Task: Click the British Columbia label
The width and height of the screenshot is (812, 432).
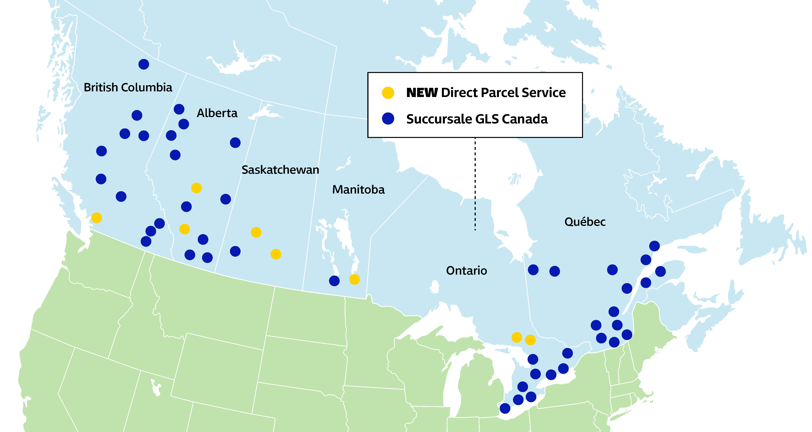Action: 128,87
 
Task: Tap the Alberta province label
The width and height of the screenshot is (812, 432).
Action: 217,113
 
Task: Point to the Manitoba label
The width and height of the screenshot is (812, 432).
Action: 358,189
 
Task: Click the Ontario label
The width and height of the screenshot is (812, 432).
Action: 467,271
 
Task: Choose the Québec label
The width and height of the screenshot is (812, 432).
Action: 585,222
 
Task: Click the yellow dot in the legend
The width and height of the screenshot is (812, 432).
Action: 388,93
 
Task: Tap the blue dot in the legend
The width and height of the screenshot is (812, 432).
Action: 388,119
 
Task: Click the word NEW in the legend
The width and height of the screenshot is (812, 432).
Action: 422,93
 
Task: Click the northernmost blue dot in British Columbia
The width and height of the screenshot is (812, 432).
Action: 144,64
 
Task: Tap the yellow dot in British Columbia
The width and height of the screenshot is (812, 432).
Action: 96,218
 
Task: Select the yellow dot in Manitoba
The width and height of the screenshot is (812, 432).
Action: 354,279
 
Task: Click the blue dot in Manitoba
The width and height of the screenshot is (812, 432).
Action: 334,281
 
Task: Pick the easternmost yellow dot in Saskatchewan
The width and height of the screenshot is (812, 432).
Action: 276,254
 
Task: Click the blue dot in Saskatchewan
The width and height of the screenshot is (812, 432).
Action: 235,251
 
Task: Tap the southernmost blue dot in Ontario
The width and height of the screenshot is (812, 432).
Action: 505,408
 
